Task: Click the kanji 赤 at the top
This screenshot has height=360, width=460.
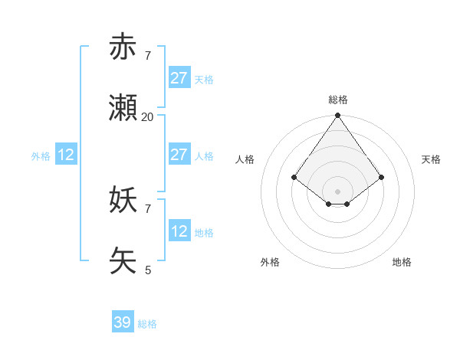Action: pyautogui.click(x=123, y=47)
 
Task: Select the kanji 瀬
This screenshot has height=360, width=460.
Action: pyautogui.click(x=123, y=109)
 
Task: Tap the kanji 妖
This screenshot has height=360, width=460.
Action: pyautogui.click(x=123, y=201)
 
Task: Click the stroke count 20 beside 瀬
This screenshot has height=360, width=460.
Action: pyautogui.click(x=148, y=116)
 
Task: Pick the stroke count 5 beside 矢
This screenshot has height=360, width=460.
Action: pyautogui.click(x=148, y=270)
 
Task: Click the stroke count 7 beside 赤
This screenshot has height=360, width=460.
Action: pyautogui.click(x=148, y=55)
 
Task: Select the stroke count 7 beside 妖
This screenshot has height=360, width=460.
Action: pyautogui.click(x=148, y=208)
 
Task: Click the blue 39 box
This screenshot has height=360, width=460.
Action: pyautogui.click(x=123, y=322)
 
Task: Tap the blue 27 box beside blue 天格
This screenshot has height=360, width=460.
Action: pyautogui.click(x=179, y=78)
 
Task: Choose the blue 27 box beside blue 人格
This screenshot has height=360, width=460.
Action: pyautogui.click(x=179, y=155)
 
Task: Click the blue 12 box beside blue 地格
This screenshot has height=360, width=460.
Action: pyautogui.click(x=179, y=231)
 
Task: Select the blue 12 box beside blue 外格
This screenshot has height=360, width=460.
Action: pyautogui.click(x=66, y=155)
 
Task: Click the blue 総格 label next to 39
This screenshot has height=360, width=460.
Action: pyautogui.click(x=148, y=324)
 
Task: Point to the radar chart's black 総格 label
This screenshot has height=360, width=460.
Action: pyautogui.click(x=338, y=100)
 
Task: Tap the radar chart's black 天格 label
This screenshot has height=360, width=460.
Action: pyautogui.click(x=431, y=159)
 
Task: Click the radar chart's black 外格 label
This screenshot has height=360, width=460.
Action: pyautogui.click(x=270, y=262)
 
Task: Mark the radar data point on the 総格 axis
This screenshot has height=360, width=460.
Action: pyautogui.click(x=338, y=116)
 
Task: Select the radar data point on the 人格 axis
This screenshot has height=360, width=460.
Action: pyautogui.click(x=294, y=177)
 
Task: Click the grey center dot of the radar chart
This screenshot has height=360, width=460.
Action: pyautogui.click(x=338, y=191)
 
